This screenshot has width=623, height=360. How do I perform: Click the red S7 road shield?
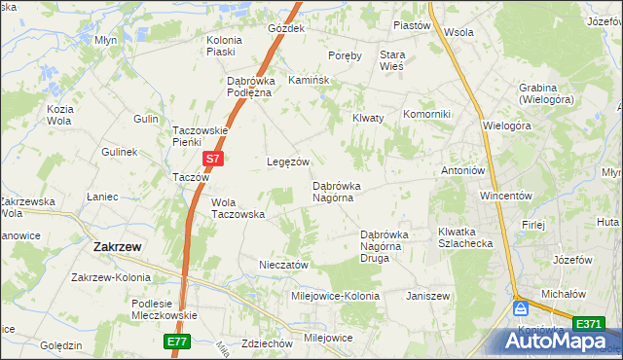click(x=214, y=156)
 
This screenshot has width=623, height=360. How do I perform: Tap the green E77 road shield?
click(x=175, y=342)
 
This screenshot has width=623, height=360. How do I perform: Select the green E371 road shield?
click(x=587, y=323)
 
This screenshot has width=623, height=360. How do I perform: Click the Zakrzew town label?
click(x=117, y=247)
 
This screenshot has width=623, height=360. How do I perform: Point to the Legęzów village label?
click(x=288, y=162)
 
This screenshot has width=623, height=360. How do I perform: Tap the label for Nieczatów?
click(x=283, y=264)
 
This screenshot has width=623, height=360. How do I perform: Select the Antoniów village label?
click(x=462, y=170)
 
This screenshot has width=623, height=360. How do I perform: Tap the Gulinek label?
click(x=120, y=153)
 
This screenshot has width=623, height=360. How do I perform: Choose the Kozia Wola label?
click(x=59, y=114)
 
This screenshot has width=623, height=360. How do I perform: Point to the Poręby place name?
click(x=345, y=55)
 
